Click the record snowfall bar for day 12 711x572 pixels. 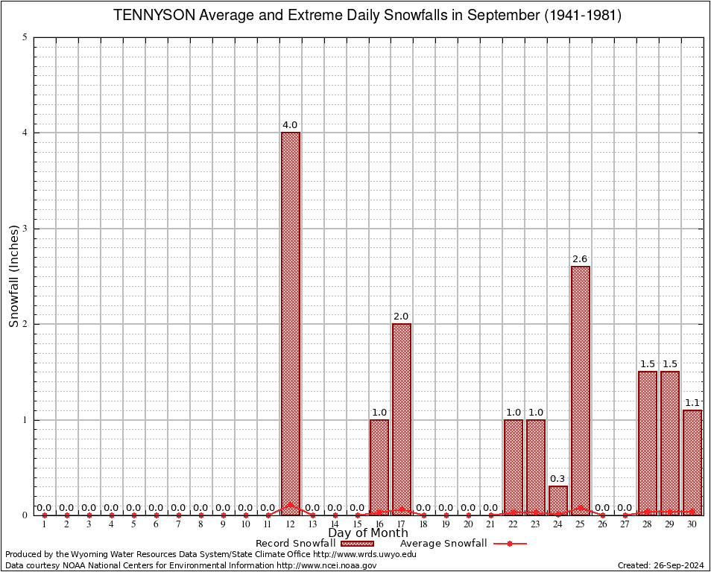click(290, 323)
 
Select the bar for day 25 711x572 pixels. click(581, 390)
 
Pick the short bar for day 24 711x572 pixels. click(558, 500)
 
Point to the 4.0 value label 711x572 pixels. click(290, 125)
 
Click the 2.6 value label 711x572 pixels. click(581, 259)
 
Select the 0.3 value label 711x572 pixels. click(558, 479)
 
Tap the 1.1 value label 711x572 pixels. click(692, 403)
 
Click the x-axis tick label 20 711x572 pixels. click(468, 525)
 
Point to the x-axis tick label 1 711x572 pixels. click(44, 525)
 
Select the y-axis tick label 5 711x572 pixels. click(26, 37)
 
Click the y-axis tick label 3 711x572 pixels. click(26, 229)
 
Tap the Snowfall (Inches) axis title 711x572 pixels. click(13, 276)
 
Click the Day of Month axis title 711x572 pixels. click(367, 533)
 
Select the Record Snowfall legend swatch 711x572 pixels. click(357, 544)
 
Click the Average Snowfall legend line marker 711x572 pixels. click(509, 544)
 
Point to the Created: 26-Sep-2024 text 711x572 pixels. click(660, 566)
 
